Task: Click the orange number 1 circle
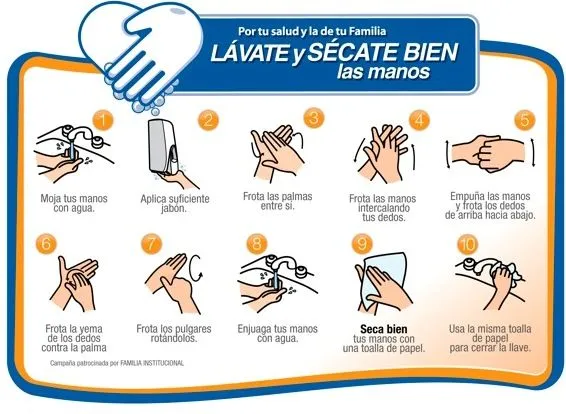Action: (x=105, y=120)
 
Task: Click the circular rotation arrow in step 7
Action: (x=196, y=269)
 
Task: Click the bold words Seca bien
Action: (x=383, y=329)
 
